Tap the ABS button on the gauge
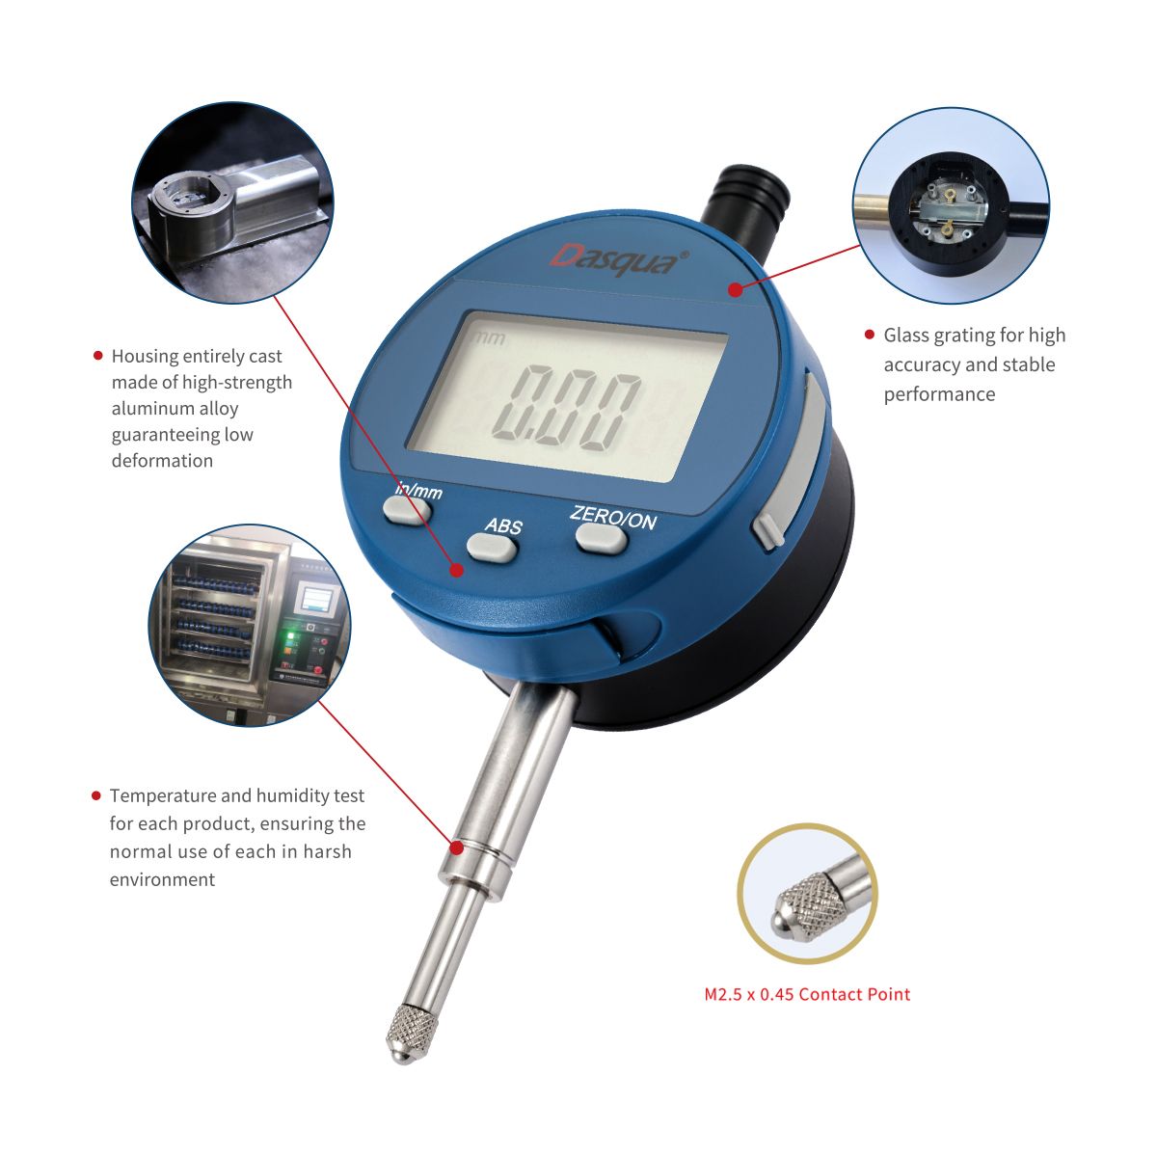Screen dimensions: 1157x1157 [x=493, y=548]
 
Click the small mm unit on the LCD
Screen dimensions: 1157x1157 [x=489, y=338]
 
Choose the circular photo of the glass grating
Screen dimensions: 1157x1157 [x=951, y=206]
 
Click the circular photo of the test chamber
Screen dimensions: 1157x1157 [x=250, y=626]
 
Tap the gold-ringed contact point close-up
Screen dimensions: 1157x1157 [x=807, y=893]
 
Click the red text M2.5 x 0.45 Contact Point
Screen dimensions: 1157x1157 [x=807, y=994]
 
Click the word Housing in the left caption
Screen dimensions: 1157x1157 [x=144, y=357]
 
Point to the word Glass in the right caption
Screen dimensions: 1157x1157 [x=906, y=336]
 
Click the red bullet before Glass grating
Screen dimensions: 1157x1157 [x=869, y=335]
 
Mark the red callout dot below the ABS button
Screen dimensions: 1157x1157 [x=457, y=570]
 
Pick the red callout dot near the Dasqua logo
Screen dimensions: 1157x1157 [x=735, y=288]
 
